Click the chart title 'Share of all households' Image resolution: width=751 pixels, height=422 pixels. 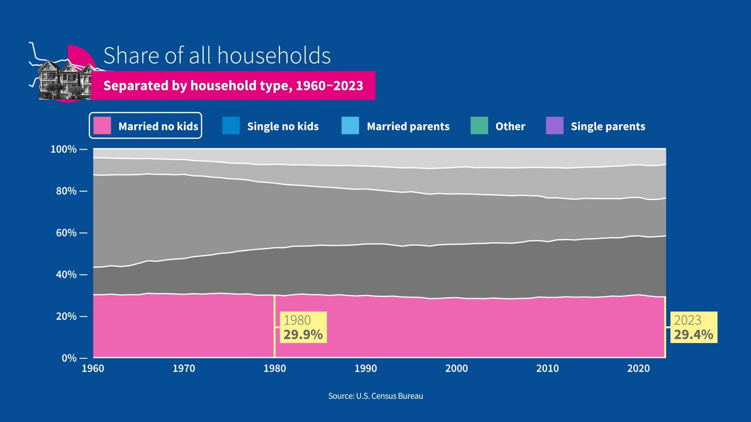[x=217, y=55]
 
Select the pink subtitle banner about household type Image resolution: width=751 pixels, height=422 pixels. [x=233, y=86]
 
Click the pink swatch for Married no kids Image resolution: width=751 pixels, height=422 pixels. [x=102, y=126]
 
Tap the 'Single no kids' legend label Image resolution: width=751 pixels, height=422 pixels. [x=283, y=126]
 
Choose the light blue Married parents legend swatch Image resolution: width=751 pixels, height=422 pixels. [x=350, y=126]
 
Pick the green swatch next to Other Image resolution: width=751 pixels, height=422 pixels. [x=479, y=126]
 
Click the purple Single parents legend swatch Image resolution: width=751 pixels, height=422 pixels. [x=555, y=126]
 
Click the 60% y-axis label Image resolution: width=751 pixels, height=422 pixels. [x=66, y=233]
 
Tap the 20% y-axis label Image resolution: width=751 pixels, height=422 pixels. [x=66, y=316]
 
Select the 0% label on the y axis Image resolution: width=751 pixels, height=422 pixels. [x=69, y=358]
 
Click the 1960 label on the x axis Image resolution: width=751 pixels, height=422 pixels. [x=93, y=368]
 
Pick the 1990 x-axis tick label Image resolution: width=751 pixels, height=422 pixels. [x=365, y=368]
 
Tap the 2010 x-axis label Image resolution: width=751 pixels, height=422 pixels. [x=547, y=368]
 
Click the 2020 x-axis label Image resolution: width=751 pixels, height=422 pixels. [x=638, y=368]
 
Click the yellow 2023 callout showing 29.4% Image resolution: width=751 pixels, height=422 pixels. [x=694, y=327]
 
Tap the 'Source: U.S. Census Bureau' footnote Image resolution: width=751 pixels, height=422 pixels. [x=375, y=396]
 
